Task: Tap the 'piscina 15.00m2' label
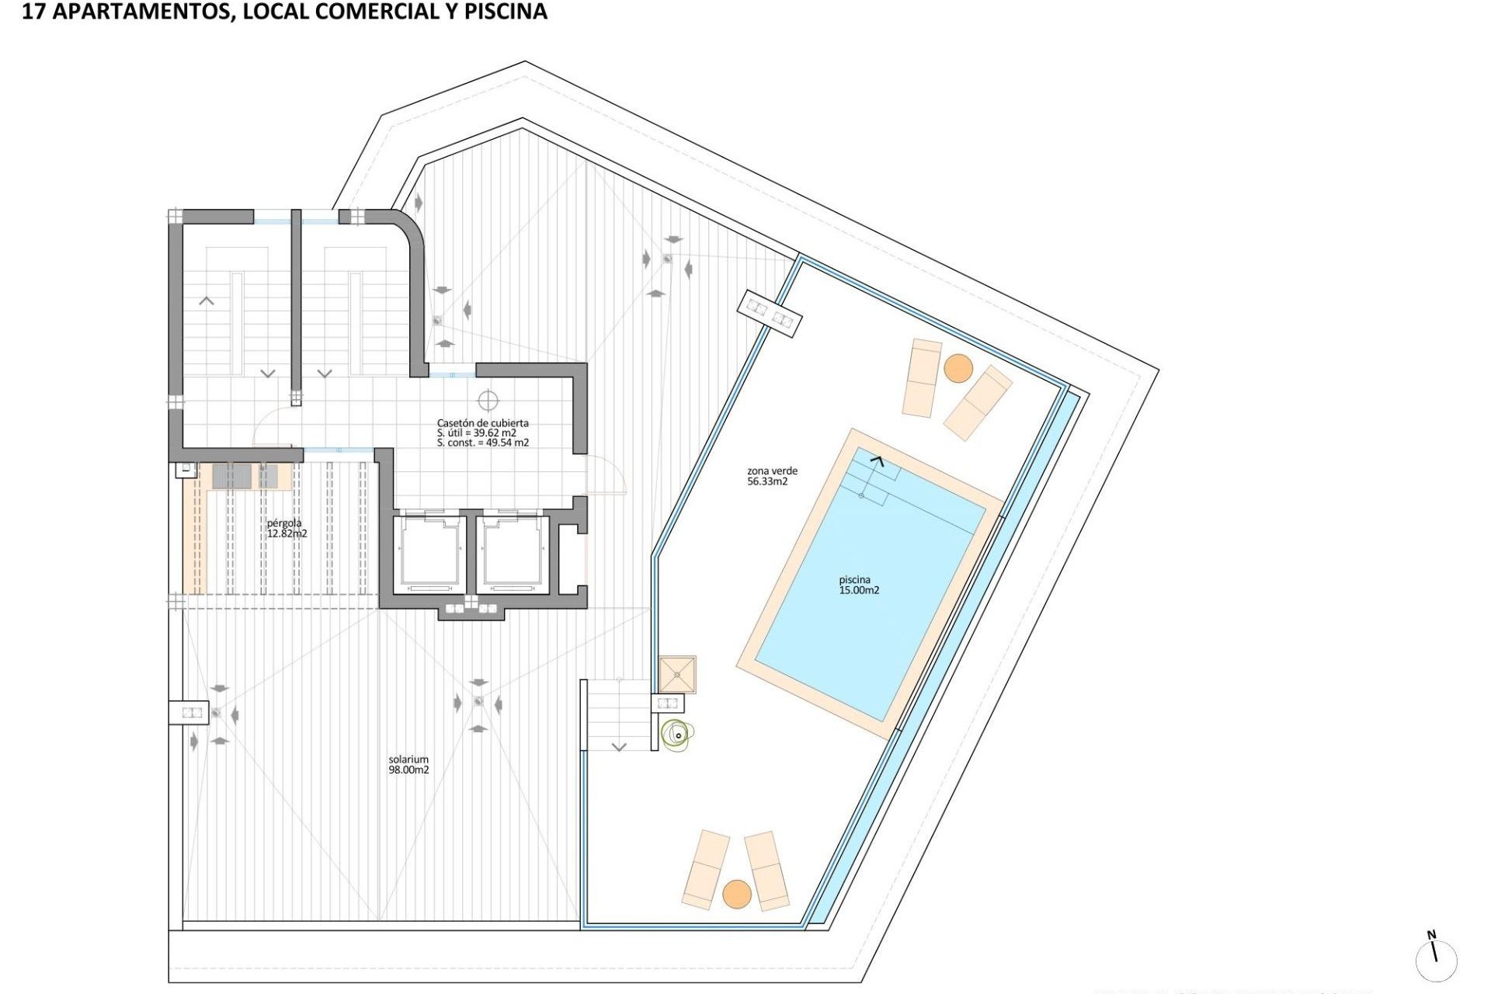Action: tap(858, 585)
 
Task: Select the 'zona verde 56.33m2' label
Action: tap(772, 476)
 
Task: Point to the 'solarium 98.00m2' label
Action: tap(408, 765)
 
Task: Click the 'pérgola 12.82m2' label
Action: tap(287, 528)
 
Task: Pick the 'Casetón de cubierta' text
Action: tap(482, 423)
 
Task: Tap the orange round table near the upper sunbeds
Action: tap(958, 368)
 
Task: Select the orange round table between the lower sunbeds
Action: tap(737, 894)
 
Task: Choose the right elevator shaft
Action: tap(512, 554)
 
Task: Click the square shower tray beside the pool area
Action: tap(677, 674)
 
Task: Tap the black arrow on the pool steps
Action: tap(877, 461)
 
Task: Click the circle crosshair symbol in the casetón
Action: tap(488, 401)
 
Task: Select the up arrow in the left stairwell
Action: tap(207, 301)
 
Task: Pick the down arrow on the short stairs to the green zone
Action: tap(619, 747)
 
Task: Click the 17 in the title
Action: tap(33, 12)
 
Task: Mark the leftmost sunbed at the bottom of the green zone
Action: tap(705, 869)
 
